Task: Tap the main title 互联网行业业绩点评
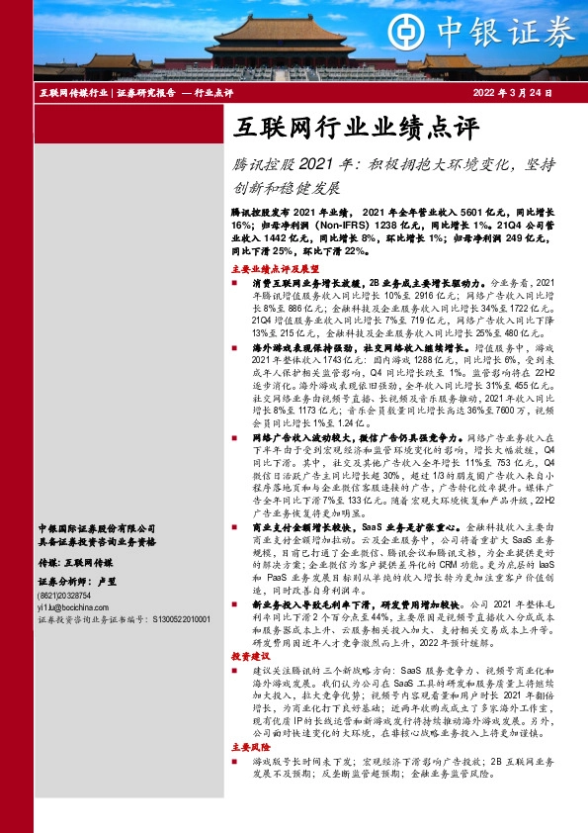[x=356, y=127]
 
